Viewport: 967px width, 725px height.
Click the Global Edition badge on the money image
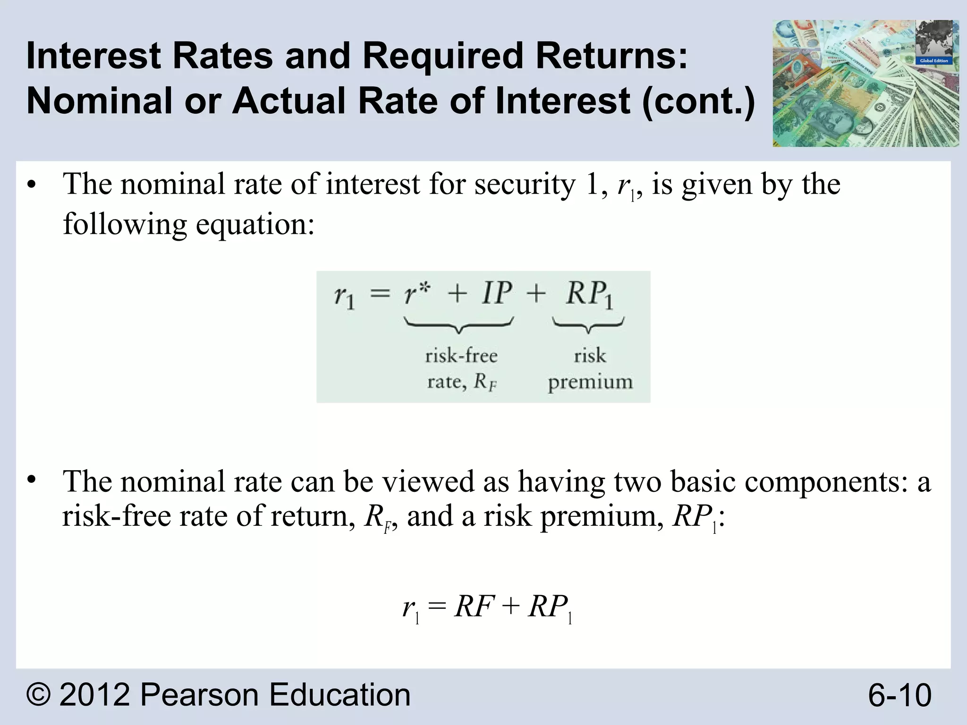(x=933, y=61)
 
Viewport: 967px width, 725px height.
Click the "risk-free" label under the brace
(x=461, y=355)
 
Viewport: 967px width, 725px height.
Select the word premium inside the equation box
(x=590, y=382)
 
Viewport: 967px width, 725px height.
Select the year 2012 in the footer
(x=94, y=695)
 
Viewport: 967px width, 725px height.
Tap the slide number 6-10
(x=899, y=695)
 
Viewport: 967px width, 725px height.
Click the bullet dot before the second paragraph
(x=31, y=480)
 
